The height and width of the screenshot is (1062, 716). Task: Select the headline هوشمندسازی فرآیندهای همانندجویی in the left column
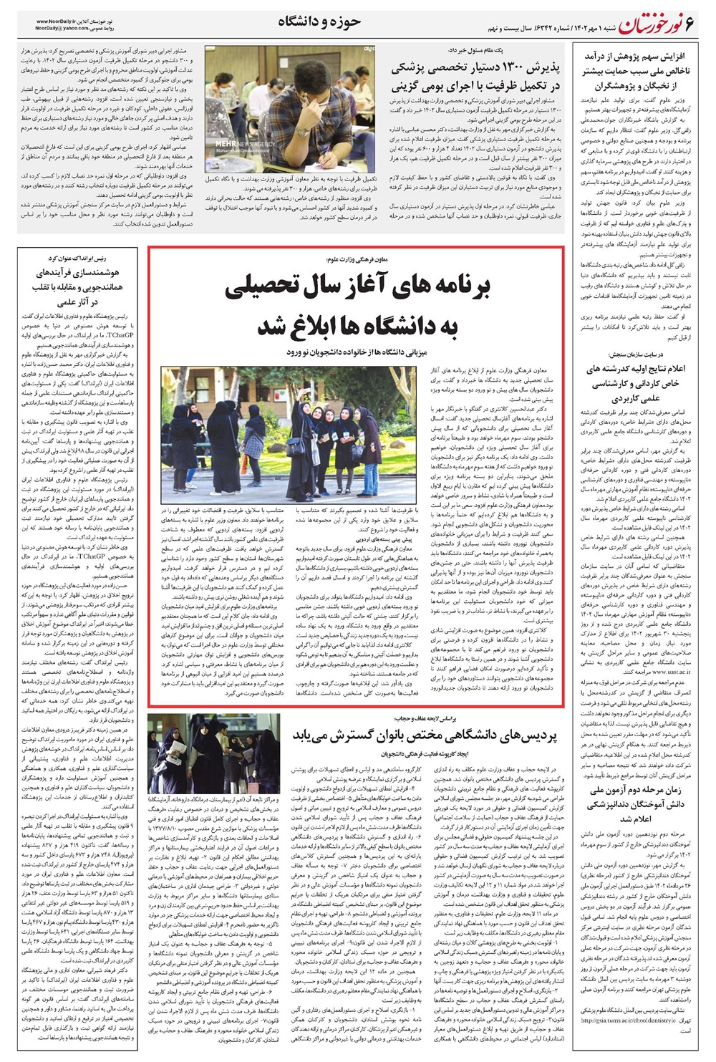pos(79,286)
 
